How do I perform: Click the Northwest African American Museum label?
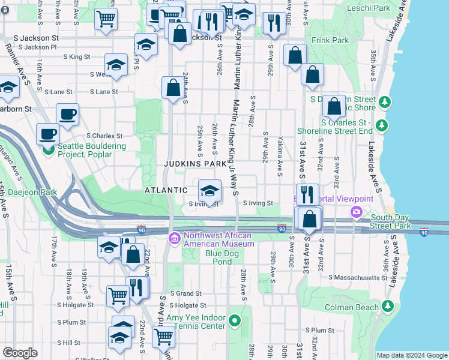tap(218, 239)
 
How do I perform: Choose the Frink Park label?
tap(330, 40)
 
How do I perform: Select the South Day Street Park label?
tap(391, 221)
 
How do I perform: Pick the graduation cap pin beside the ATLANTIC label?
tap(208, 191)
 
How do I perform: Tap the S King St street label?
tap(76, 57)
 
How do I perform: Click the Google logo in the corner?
tap(20, 353)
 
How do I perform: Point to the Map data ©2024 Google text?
tap(411, 355)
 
